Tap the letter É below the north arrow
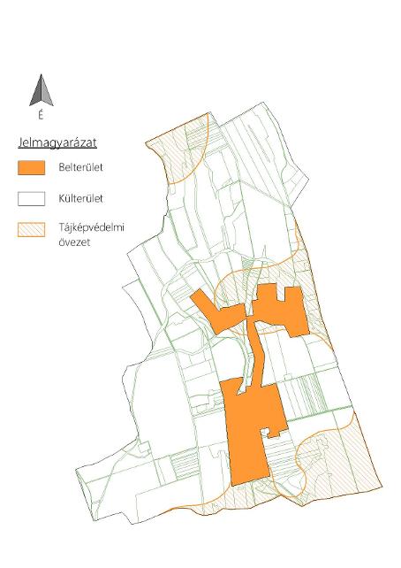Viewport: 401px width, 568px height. point(40,115)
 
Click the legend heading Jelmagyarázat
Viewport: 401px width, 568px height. point(57,142)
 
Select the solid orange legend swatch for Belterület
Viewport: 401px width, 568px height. point(32,166)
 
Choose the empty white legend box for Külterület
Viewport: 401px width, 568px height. point(32,199)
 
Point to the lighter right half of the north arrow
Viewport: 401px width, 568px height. point(43,94)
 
